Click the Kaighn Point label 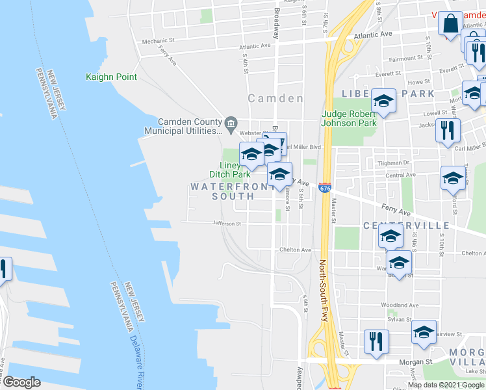pyautogui.click(x=111, y=77)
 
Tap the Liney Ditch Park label pyautogui.click(x=229, y=170)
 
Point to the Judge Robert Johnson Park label pyautogui.click(x=349, y=118)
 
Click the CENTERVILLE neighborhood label pyautogui.click(x=405, y=226)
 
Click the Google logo pyautogui.click(x=21, y=382)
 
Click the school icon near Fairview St pyautogui.click(x=424, y=332)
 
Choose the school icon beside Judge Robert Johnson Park pyautogui.click(x=383, y=101)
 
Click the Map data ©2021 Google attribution pyautogui.click(x=446, y=385)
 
